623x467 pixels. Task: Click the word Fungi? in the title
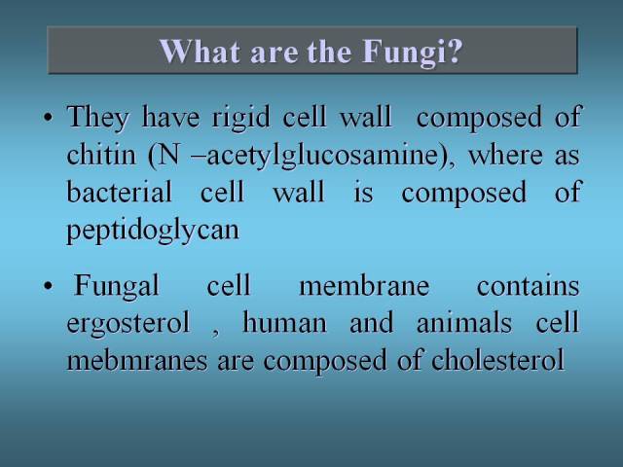click(x=413, y=53)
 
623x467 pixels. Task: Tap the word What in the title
click(x=200, y=51)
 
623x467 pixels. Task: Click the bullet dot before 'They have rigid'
click(x=48, y=118)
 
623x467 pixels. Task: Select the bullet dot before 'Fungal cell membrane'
click(x=48, y=286)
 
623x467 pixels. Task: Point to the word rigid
click(x=241, y=118)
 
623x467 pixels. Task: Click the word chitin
click(x=101, y=155)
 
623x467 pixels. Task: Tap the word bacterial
click(x=120, y=192)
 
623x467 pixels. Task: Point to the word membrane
click(x=364, y=285)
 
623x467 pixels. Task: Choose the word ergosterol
click(x=128, y=324)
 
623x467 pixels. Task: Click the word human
click(x=284, y=322)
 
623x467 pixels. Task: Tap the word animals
click(x=464, y=322)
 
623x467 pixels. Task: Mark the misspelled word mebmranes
click(x=137, y=360)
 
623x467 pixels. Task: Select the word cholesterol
click(x=497, y=360)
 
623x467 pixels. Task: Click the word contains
click(x=528, y=285)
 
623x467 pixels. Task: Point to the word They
click(x=98, y=118)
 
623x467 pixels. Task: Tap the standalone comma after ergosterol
click(x=215, y=333)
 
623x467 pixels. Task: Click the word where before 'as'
click(x=505, y=155)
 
